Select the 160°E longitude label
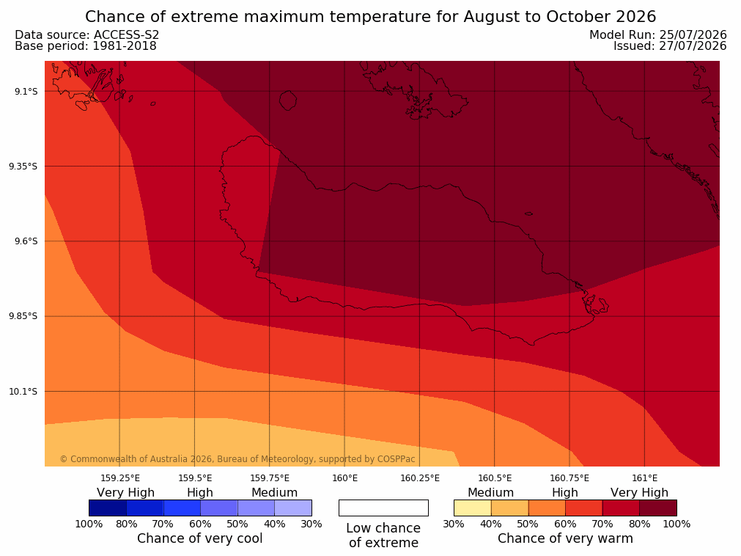(x=345, y=478)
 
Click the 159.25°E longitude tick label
(x=120, y=478)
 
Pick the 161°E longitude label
(x=644, y=478)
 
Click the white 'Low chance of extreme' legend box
(x=384, y=508)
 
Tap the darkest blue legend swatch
(x=108, y=508)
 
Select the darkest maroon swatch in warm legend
(x=658, y=508)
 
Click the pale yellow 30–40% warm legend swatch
(x=473, y=508)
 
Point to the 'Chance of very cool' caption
(x=200, y=538)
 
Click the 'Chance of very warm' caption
(x=565, y=538)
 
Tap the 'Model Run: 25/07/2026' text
(x=658, y=35)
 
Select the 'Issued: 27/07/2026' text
(x=670, y=46)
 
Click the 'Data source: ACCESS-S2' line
(x=87, y=35)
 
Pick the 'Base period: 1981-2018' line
(x=86, y=46)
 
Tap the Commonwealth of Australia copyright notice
(x=237, y=459)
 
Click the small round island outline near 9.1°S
(x=288, y=100)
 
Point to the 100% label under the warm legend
(x=677, y=524)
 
